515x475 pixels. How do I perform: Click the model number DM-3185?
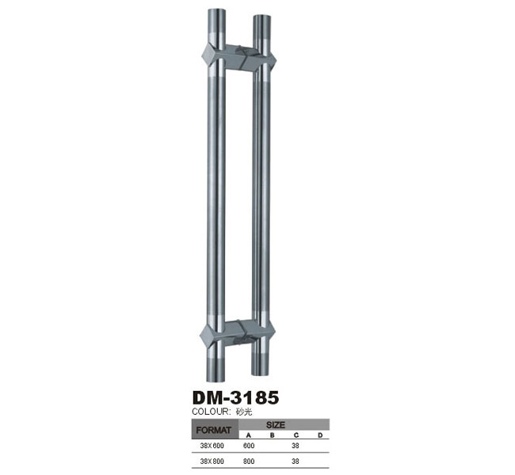235,397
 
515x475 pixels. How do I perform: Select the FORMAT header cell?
214,430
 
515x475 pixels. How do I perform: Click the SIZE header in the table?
276,425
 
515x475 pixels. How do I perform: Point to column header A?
249,435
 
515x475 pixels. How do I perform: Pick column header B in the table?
272,435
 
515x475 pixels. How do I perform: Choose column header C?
296,435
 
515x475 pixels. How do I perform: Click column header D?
320,435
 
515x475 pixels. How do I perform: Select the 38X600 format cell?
212,446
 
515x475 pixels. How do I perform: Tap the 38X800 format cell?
212,462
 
